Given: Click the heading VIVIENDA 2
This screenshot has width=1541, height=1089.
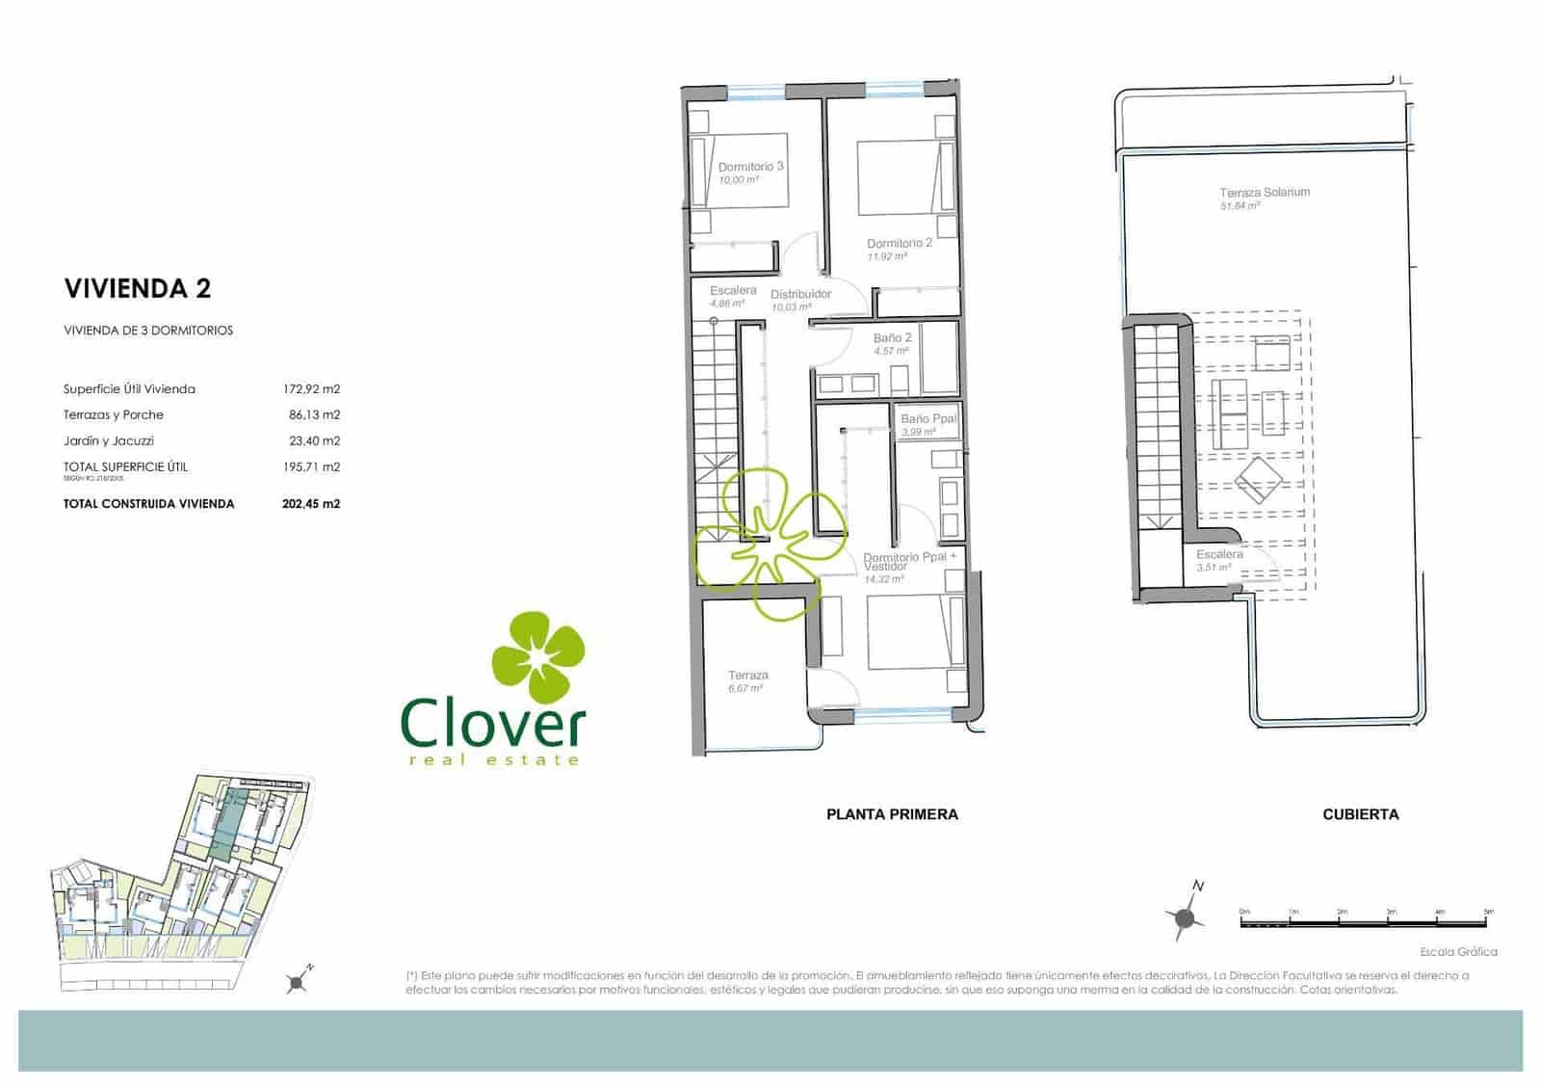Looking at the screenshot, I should tap(137, 288).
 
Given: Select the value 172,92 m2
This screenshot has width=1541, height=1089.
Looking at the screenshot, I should tap(311, 389).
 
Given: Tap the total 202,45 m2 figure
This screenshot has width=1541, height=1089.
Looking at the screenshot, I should tap(311, 503).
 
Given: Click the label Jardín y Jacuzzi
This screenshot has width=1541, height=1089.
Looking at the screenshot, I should tap(108, 441).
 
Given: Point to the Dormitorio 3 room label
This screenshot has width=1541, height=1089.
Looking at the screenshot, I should tap(750, 167).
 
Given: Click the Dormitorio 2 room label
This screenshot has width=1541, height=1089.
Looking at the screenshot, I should tap(899, 244).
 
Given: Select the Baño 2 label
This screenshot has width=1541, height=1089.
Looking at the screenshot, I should tap(892, 338).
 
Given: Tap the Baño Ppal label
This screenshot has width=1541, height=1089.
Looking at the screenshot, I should tap(927, 419).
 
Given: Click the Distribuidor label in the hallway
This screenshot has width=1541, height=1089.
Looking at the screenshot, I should tap(800, 295).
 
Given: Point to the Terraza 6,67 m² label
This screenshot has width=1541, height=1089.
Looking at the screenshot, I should tap(747, 676).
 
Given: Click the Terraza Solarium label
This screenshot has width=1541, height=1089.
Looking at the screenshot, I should tap(1264, 193).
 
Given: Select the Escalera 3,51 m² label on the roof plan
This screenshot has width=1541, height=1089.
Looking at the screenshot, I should tap(1218, 555).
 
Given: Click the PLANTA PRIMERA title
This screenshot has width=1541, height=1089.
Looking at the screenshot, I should tap(892, 814).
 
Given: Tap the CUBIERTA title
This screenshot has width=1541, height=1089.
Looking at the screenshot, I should tap(1360, 814).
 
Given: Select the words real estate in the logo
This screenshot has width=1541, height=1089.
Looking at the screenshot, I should tap(493, 760).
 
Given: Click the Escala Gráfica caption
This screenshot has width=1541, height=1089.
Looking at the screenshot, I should tap(1458, 952).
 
